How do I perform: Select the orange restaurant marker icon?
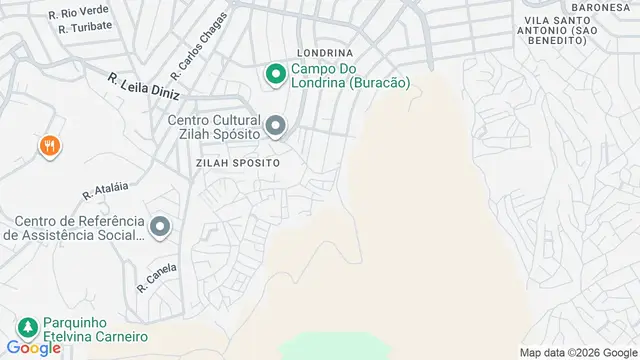pyautogui.click(x=49, y=147)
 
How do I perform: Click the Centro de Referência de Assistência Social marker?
pyautogui.click(x=159, y=228)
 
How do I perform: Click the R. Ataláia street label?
pyautogui.click(x=106, y=189)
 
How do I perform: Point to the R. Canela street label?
pyautogui.click(x=157, y=276)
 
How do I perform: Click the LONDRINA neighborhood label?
pyautogui.click(x=325, y=53)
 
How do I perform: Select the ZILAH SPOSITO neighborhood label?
pyautogui.click(x=237, y=160)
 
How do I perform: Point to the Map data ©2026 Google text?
pyautogui.click(x=578, y=352)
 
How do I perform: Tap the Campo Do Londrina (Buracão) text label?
pyautogui.click(x=351, y=76)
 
